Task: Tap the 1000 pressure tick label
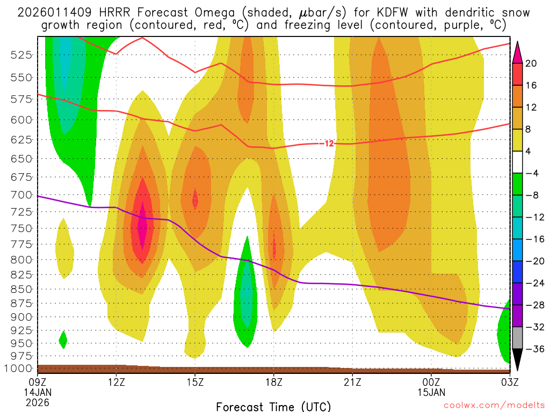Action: (22, 369)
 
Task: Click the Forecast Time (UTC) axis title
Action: (273, 406)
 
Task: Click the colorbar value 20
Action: (532, 63)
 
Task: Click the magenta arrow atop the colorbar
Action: (518, 51)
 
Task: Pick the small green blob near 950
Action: (63, 340)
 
